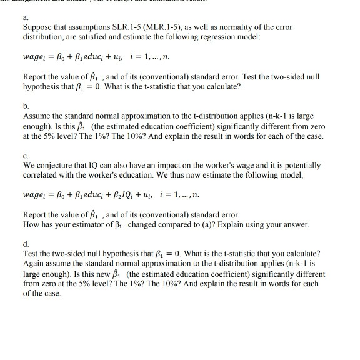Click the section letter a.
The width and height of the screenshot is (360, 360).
coord(24,19)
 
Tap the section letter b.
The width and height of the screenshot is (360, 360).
coord(24,106)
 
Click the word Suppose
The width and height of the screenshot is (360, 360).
coord(37,27)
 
